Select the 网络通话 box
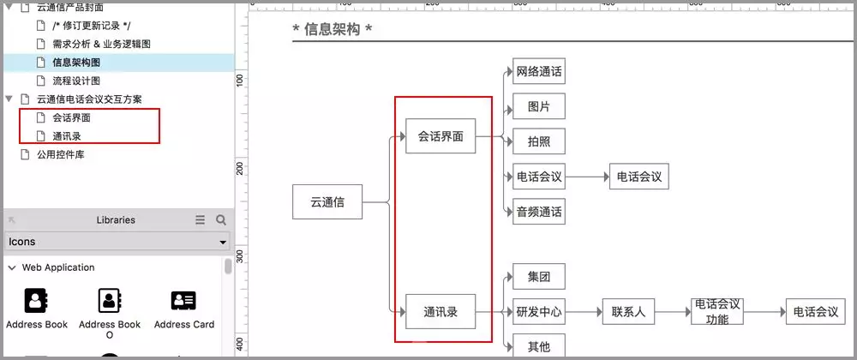(538, 72)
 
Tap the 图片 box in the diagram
(538, 107)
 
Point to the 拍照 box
(538, 141)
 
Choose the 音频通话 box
(538, 211)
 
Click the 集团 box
(538, 277)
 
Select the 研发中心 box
(538, 312)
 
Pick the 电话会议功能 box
(717, 312)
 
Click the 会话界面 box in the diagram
(440, 135)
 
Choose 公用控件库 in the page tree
(60, 154)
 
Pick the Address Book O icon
(110, 301)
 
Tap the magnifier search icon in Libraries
(221, 220)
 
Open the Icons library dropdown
(117, 242)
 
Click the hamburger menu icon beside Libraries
(200, 220)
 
